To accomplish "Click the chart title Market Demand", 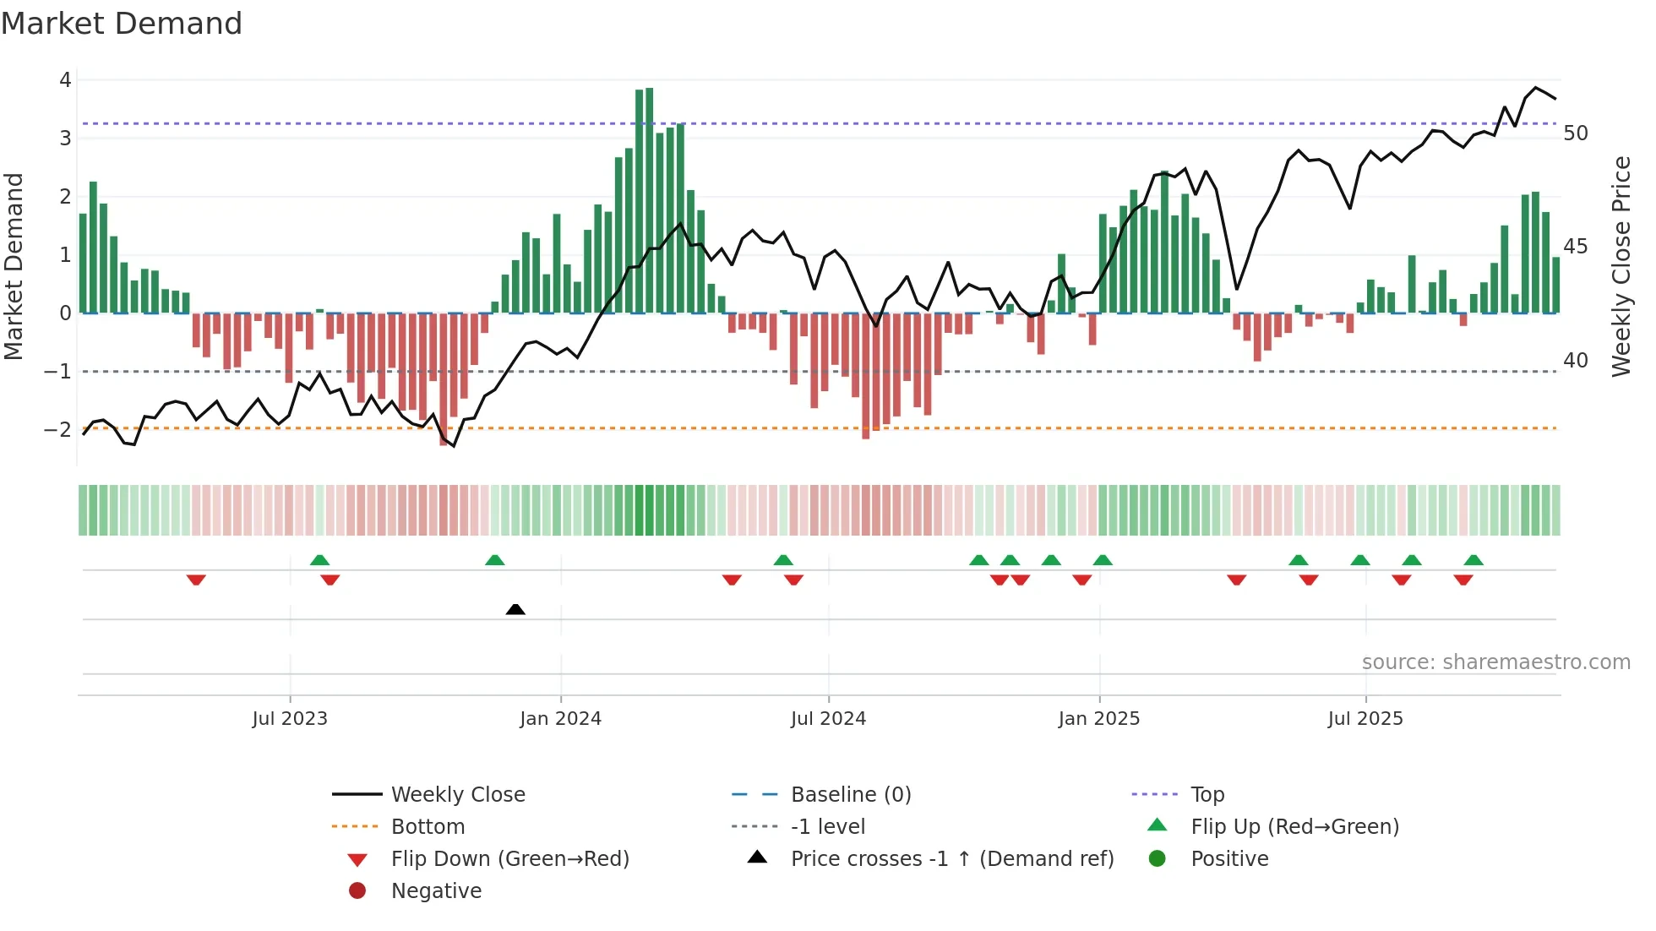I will point(122,24).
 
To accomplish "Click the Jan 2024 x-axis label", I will point(560,719).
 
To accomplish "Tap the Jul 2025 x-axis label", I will point(1365,719).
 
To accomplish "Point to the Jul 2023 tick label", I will point(289,719).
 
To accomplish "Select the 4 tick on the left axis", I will point(65,80).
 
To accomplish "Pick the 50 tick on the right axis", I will point(1575,133).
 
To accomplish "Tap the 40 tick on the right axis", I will point(1575,361).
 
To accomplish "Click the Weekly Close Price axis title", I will point(1621,266).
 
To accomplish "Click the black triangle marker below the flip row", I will point(515,609).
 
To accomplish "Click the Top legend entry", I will point(1207,794).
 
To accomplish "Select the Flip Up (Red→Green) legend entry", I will point(1294,826).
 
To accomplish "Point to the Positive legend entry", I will point(1229,858).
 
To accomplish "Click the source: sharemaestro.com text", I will point(1495,661).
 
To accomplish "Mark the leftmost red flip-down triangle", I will point(196,580).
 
